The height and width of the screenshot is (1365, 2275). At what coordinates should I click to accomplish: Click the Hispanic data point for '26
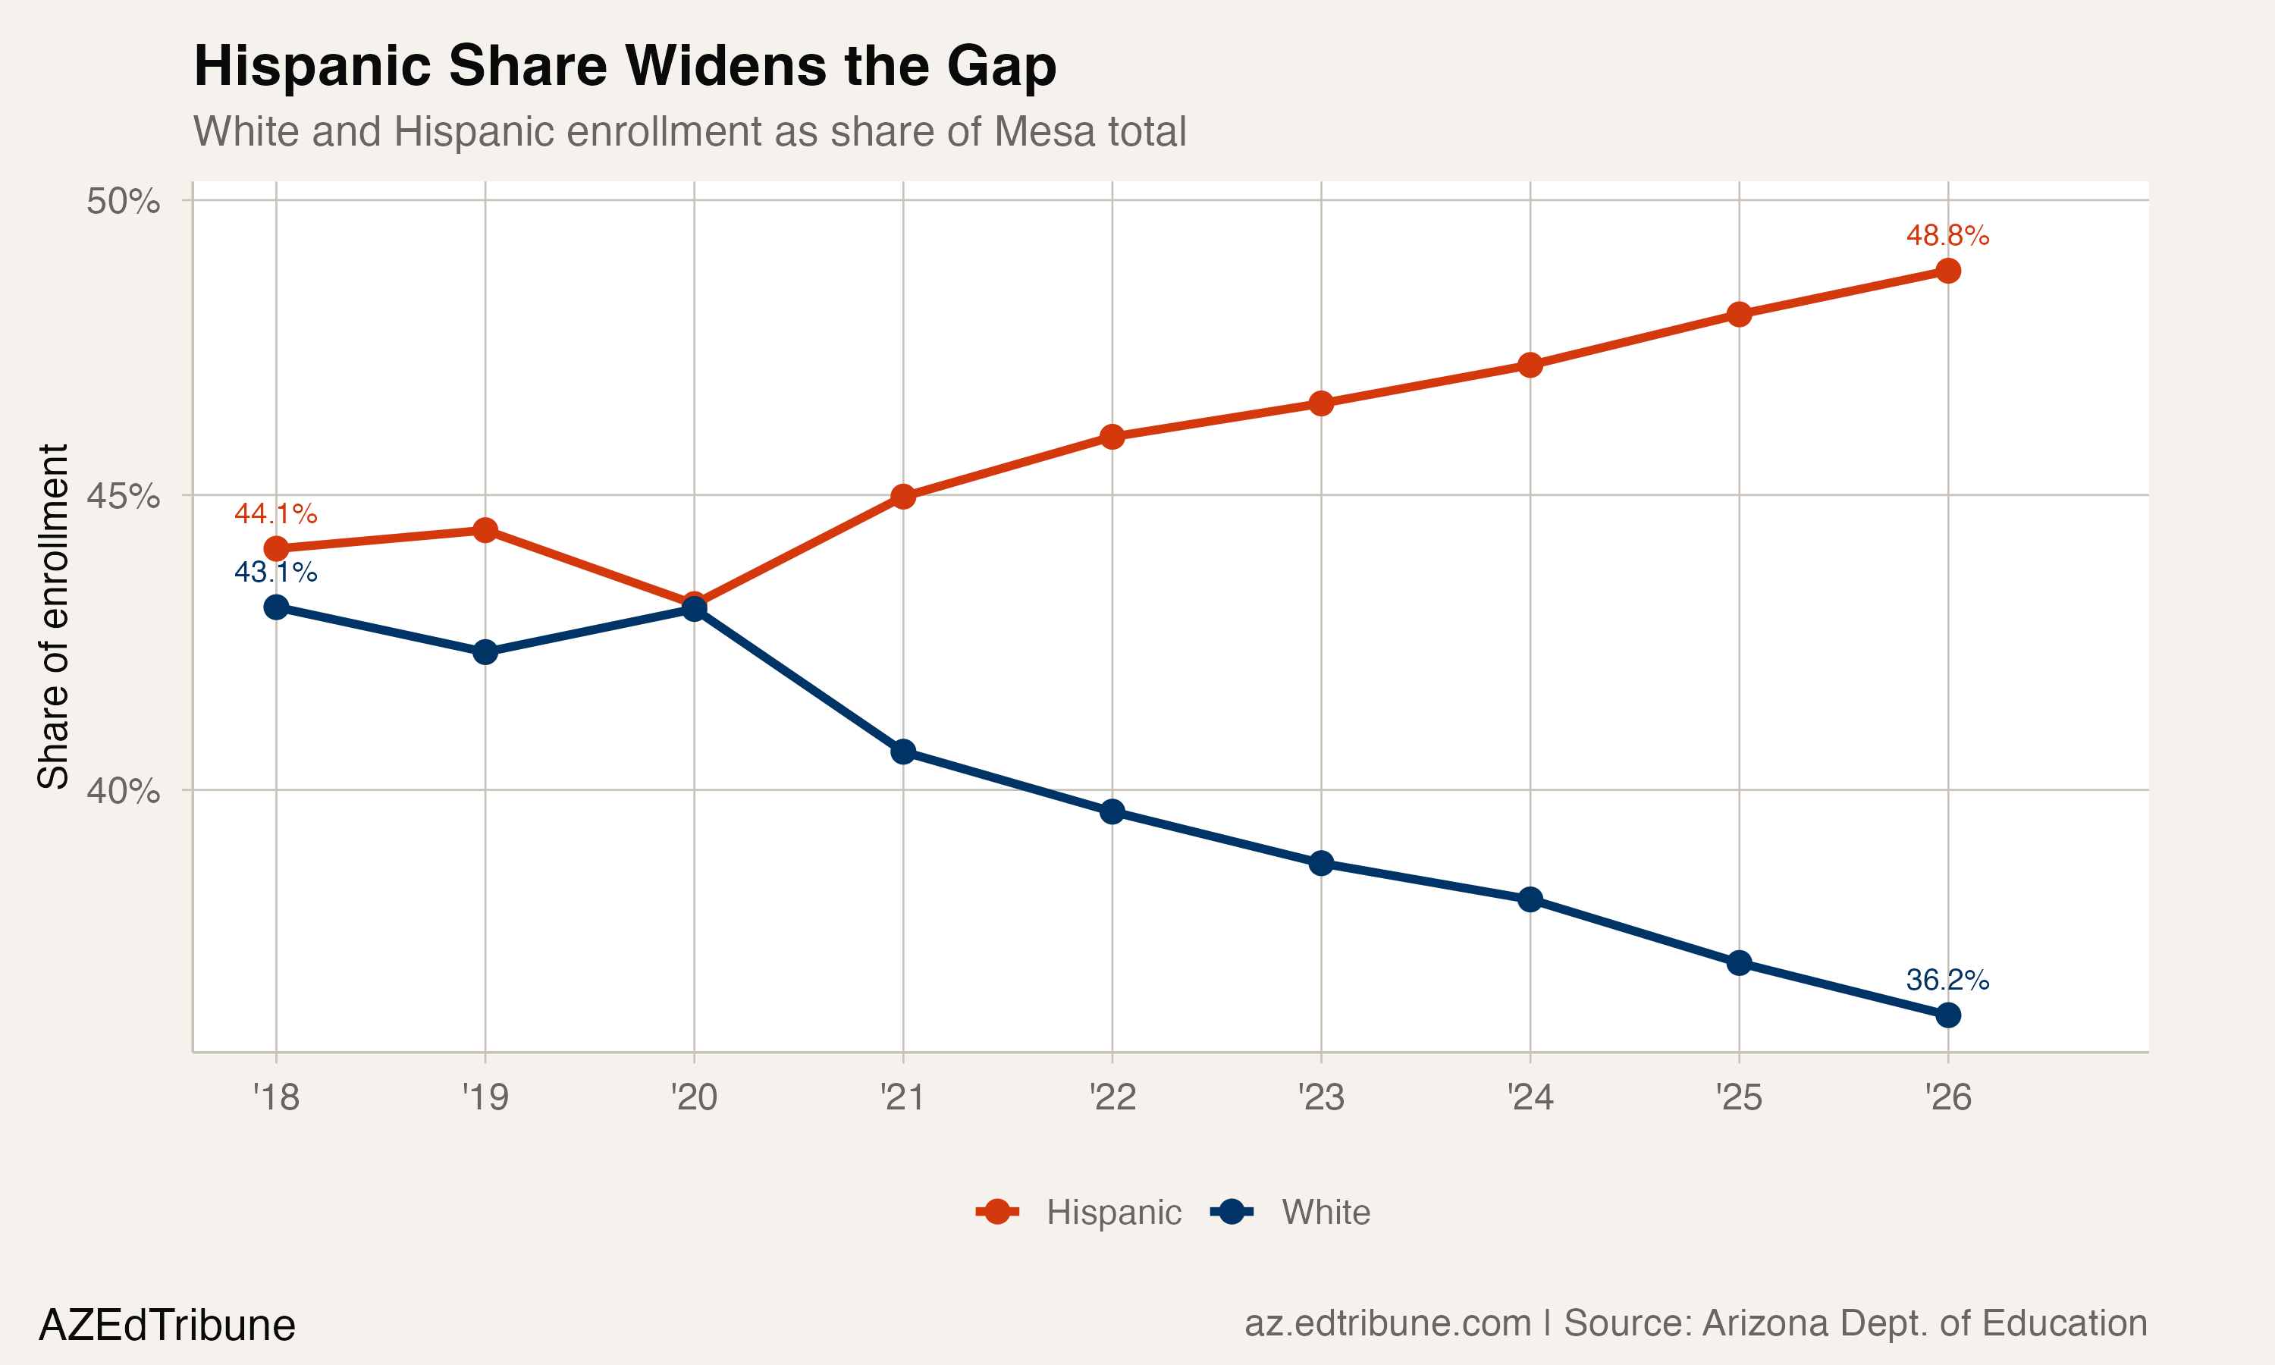click(1947, 271)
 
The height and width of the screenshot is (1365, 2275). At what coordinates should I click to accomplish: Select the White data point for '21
click(903, 752)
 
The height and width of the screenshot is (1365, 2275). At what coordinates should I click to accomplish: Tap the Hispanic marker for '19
click(485, 530)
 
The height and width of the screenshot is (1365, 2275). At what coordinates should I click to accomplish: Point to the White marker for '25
click(1739, 963)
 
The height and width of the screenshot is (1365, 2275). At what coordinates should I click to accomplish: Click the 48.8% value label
click(1947, 236)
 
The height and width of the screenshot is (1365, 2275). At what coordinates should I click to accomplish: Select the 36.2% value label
click(1947, 980)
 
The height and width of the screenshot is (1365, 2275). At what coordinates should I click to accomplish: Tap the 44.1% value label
click(276, 513)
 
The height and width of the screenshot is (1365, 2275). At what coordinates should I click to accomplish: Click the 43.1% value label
click(276, 572)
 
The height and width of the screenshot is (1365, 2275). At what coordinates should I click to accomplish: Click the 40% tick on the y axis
click(123, 791)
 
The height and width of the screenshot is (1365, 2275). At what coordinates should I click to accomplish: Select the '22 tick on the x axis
click(1112, 1097)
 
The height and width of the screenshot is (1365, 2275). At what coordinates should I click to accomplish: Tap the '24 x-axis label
click(1530, 1097)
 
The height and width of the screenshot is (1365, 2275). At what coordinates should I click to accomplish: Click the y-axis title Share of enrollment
click(53, 617)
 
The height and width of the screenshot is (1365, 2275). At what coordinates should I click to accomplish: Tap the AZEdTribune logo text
click(166, 1326)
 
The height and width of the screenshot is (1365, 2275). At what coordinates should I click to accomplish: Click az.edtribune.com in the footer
click(1387, 1323)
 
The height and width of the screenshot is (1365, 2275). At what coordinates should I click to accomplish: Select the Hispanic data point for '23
click(1322, 403)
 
